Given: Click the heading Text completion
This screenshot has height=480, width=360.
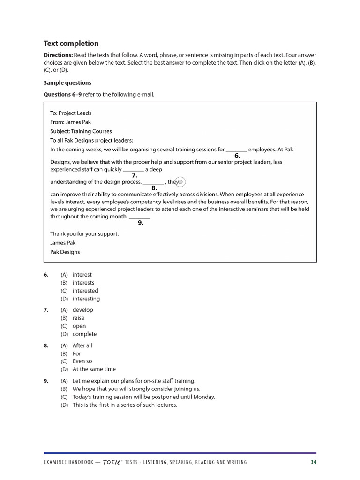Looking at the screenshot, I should (x=71, y=44).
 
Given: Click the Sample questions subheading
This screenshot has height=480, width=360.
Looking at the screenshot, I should (x=67, y=83).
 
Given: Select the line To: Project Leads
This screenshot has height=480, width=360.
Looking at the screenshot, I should (x=71, y=113).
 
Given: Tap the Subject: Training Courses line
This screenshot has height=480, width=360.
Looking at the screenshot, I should (x=81, y=131).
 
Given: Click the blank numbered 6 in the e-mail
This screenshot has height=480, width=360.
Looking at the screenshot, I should (x=236, y=150).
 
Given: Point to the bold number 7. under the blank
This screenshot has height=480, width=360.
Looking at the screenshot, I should (x=134, y=175).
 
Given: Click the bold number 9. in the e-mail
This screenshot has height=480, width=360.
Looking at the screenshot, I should (x=140, y=223).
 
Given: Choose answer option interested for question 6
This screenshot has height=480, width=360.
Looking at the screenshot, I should (x=85, y=291).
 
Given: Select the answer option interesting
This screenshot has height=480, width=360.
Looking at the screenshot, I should (x=86, y=299).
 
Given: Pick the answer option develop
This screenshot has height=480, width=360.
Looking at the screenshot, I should (x=83, y=310).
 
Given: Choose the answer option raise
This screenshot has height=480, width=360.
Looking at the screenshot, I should (x=79, y=318).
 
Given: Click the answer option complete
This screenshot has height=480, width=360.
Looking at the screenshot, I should (x=85, y=334).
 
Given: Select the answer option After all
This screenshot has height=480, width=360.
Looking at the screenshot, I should (x=82, y=345).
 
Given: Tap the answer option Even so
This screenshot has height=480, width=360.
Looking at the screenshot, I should (x=82, y=361).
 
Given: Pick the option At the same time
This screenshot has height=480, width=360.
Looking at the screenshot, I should (x=94, y=369).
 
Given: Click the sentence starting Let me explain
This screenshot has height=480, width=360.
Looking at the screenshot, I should (x=134, y=381).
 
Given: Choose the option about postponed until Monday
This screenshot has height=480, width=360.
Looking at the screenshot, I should (x=144, y=397).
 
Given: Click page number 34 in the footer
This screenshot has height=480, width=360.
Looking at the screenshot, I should (x=313, y=462).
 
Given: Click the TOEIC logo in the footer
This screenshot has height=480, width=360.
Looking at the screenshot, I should (x=115, y=462).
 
